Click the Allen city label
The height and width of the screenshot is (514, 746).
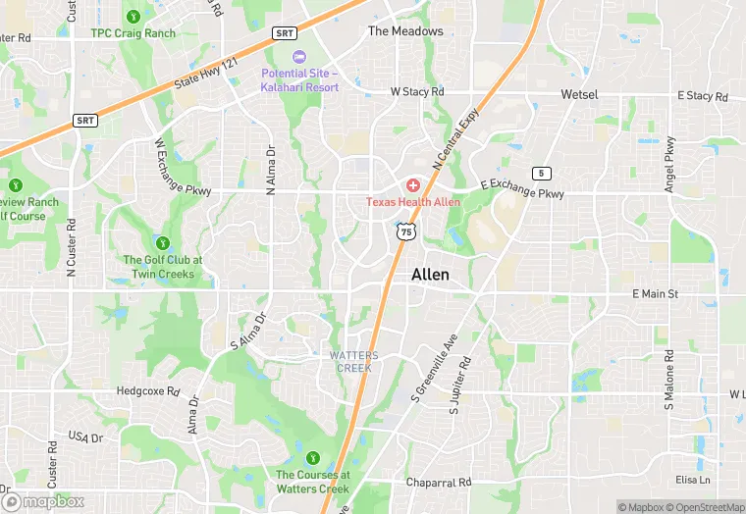tap(430, 275)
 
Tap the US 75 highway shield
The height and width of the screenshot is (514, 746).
tap(406, 231)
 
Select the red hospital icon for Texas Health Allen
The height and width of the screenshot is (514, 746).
tap(413, 184)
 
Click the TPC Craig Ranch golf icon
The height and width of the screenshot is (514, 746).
tap(133, 16)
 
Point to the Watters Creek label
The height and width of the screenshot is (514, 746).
tap(354, 360)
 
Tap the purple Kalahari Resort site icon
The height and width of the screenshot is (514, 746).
tap(299, 57)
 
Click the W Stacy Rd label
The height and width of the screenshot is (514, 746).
tap(417, 91)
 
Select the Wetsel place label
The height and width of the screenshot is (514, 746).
tap(579, 94)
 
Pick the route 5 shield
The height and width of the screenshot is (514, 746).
tap(541, 173)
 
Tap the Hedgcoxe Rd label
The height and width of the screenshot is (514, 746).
tap(148, 390)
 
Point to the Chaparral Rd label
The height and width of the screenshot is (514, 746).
tap(439, 483)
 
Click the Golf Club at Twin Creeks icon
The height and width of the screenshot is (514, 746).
tap(162, 242)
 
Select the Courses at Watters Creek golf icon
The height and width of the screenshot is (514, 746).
tap(312, 457)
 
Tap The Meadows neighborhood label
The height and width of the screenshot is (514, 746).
tap(405, 31)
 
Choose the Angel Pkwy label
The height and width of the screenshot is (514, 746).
tap(670, 163)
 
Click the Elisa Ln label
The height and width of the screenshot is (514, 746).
tap(693, 480)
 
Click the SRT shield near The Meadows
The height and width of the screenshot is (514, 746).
tap(285, 32)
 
